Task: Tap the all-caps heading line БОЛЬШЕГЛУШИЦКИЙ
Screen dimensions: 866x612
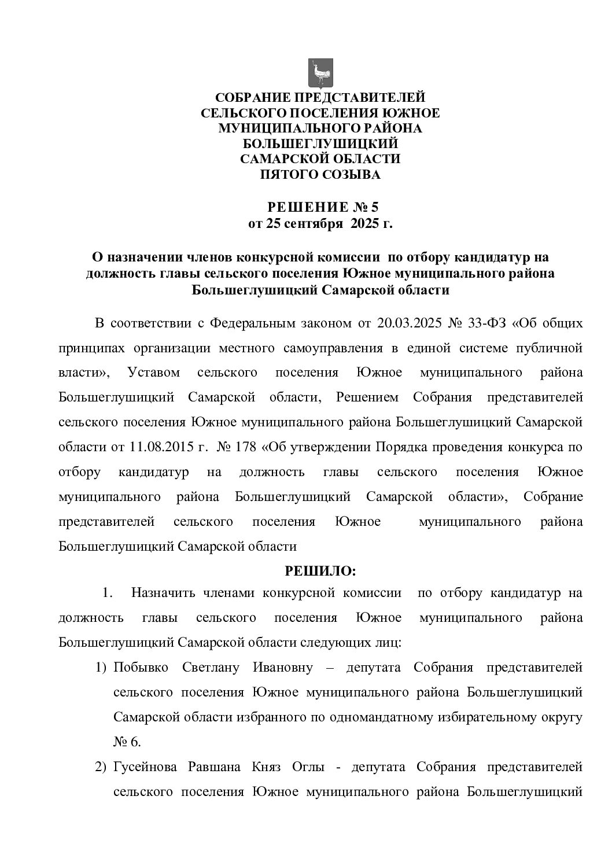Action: [320, 143]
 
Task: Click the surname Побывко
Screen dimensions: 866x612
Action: [141, 667]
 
